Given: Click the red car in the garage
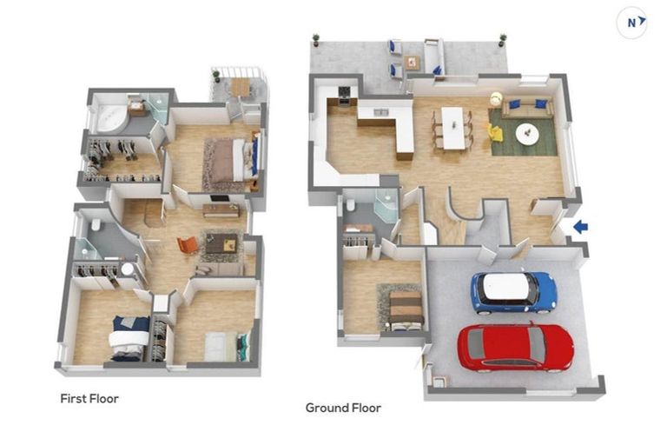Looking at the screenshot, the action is pyautogui.click(x=515, y=347).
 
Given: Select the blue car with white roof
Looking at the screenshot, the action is pyautogui.click(x=513, y=293).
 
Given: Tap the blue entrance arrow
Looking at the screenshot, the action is pyautogui.click(x=580, y=227).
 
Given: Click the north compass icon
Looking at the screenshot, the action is pyautogui.click(x=631, y=23).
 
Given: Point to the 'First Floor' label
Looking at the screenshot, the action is pyautogui.click(x=89, y=399).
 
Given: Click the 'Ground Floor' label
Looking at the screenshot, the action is pyautogui.click(x=343, y=408).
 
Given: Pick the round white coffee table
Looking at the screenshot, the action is pyautogui.click(x=527, y=133).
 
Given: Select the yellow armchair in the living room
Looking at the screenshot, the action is pyautogui.click(x=495, y=132).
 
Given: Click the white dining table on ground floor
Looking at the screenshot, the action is pyautogui.click(x=452, y=128).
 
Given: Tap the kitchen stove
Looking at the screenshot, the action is pyautogui.click(x=344, y=96).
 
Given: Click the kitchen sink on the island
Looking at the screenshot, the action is pyautogui.click(x=380, y=112).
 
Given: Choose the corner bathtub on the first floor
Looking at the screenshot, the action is pyautogui.click(x=111, y=118).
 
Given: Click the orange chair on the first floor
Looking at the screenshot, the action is pyautogui.click(x=188, y=245).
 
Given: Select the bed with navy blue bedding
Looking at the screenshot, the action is pyautogui.click(x=129, y=339).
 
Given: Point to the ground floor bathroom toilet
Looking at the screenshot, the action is pyautogui.click(x=351, y=206).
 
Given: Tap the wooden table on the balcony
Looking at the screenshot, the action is pyautogui.click(x=241, y=87).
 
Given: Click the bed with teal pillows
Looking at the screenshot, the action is pyautogui.click(x=228, y=346).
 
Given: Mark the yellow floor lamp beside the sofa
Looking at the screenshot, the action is pyautogui.click(x=495, y=98).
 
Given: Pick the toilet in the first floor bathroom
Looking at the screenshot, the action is pyautogui.click(x=96, y=224).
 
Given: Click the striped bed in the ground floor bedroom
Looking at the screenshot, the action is pyautogui.click(x=406, y=310).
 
